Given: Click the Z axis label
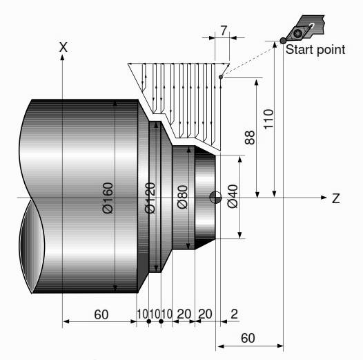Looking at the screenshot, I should click(x=335, y=198).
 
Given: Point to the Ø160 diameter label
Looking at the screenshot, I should click(x=108, y=198).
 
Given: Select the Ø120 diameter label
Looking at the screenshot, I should click(x=151, y=198).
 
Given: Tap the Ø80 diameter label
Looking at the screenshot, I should click(x=182, y=197).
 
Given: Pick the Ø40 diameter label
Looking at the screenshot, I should click(x=232, y=197).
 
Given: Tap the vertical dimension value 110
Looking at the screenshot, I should click(x=268, y=120).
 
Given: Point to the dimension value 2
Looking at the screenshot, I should click(x=235, y=314).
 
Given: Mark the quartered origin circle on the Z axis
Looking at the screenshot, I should click(x=216, y=198).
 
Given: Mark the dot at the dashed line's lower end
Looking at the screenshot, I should click(x=220, y=77).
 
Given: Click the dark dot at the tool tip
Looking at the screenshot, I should click(x=283, y=41).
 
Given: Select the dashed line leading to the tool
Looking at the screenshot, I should click(x=252, y=59).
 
